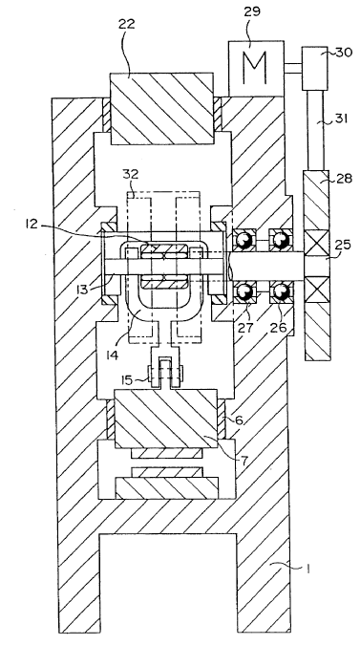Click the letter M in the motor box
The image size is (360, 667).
click(x=256, y=68)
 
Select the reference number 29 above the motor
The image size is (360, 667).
click(x=251, y=11)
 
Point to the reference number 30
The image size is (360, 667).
click(x=343, y=53)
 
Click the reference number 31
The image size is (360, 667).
click(x=340, y=118)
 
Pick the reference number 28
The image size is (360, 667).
click(x=344, y=179)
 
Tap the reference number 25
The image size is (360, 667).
click(x=341, y=245)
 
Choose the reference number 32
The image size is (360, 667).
click(x=132, y=174)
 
